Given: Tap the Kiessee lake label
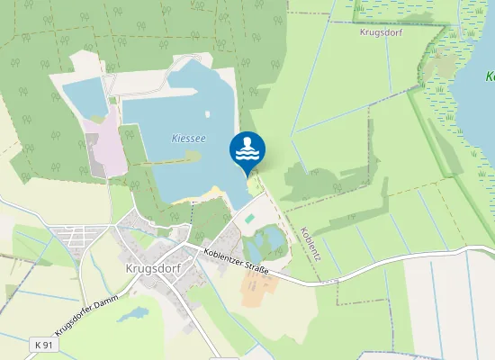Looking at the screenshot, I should click(188, 138).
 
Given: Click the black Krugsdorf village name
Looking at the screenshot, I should click(143, 269).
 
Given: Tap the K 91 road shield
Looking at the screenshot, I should click(40, 345).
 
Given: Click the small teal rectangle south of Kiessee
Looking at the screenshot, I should click(247, 219).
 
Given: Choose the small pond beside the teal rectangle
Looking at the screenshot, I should click(266, 240).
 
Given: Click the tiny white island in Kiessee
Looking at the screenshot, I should click(193, 155).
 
